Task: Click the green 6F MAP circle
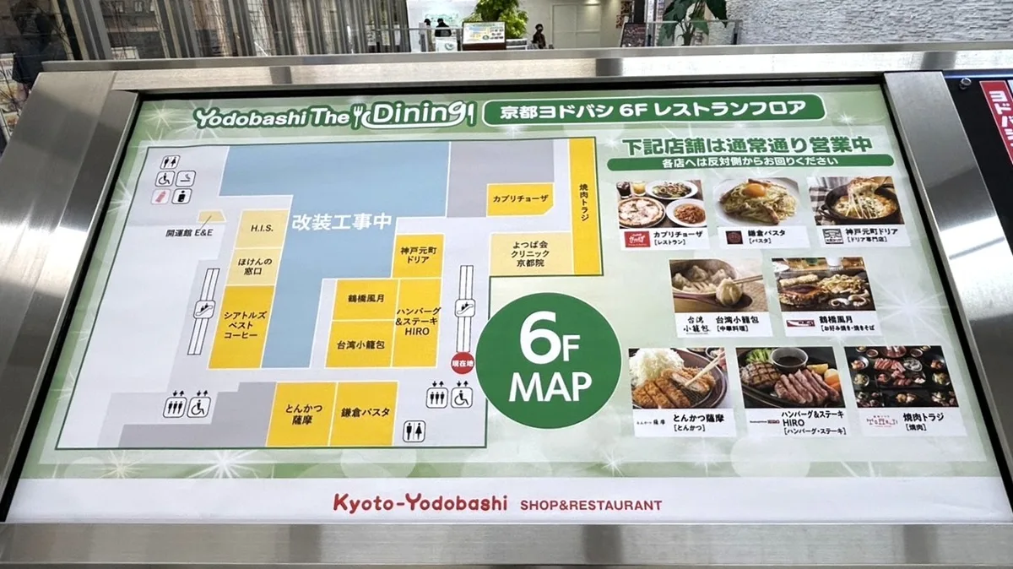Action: point(548,360)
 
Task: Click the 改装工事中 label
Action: point(341,222)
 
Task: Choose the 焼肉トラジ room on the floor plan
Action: point(585,207)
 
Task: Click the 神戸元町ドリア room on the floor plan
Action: point(417,255)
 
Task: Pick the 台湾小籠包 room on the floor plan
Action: point(360,344)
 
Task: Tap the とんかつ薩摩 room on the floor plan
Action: point(301,413)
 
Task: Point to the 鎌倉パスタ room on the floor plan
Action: point(364,413)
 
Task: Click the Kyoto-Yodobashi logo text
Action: point(420,503)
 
